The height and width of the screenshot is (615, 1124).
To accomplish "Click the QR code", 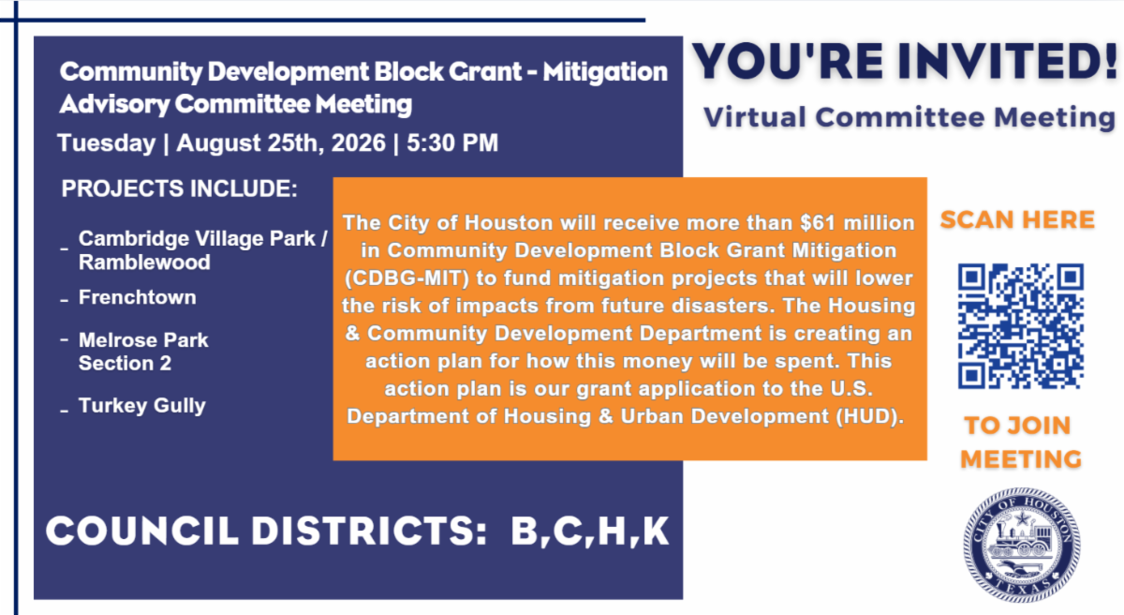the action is (x=1021, y=326).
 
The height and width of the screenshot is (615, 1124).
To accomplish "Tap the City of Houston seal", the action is (x=1022, y=545).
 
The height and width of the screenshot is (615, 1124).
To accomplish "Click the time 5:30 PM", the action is (x=452, y=143).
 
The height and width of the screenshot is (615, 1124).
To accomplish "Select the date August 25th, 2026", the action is (x=281, y=143).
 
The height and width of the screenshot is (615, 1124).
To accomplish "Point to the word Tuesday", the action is (x=107, y=144).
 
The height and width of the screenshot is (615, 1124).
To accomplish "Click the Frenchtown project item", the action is (x=137, y=297).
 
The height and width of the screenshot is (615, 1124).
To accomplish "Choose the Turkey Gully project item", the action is (x=142, y=406).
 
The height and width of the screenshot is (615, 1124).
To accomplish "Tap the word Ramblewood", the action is (x=144, y=262).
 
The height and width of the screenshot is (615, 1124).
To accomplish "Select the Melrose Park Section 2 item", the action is (x=143, y=352).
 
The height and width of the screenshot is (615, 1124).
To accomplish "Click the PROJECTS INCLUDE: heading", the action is (x=179, y=188).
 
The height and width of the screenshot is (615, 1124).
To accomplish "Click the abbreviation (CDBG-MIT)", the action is (x=407, y=278).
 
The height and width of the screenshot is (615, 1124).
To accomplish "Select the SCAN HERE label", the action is (x=1017, y=220).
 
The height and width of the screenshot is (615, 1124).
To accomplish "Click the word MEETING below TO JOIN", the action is (x=1021, y=459).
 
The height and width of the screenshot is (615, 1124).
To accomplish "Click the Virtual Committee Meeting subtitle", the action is (x=910, y=118).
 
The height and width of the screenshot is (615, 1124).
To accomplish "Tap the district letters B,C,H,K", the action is (x=590, y=532).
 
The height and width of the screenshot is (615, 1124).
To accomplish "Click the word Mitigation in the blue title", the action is (x=605, y=72).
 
